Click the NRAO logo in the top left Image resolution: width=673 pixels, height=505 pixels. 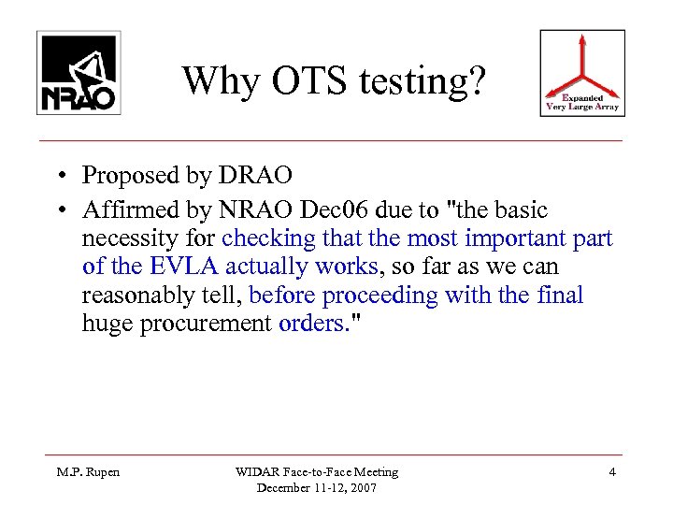click(x=76, y=71)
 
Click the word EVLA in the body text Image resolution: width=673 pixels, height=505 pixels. click(x=173, y=267)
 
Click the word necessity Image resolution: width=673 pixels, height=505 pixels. click(x=128, y=238)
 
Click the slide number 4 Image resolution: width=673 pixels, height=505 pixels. click(x=611, y=473)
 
